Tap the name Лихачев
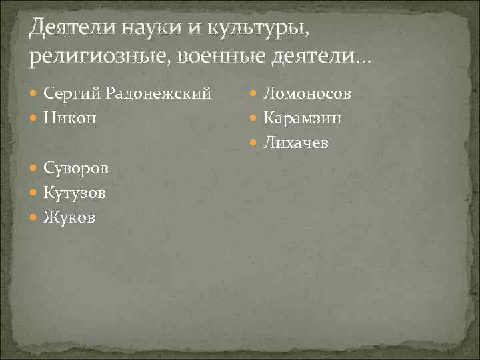296,143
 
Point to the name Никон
70,118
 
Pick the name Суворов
76,167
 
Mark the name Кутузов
75,192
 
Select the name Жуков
70,217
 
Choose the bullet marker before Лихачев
255,143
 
